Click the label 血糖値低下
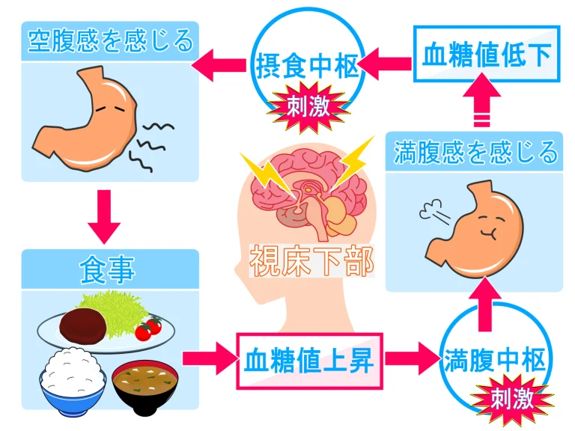(487, 54)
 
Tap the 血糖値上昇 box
(309, 361)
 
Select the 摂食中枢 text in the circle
(307, 66)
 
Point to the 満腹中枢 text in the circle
(496, 361)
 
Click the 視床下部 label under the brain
(311, 260)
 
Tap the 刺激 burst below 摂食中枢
(308, 107)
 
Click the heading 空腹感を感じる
(110, 41)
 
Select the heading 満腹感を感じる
(475, 153)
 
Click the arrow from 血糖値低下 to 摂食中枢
(386, 64)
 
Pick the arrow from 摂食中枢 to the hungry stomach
(219, 65)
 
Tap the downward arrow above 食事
(104, 217)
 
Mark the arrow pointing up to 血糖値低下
(481, 100)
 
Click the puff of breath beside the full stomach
(434, 213)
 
